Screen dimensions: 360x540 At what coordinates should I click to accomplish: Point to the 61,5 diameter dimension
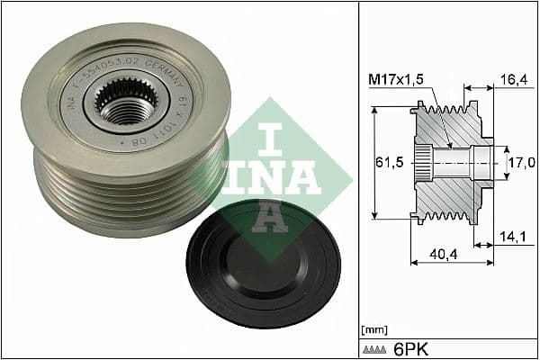[x=389, y=162]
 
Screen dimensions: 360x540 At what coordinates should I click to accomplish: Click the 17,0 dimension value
[x=522, y=163]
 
